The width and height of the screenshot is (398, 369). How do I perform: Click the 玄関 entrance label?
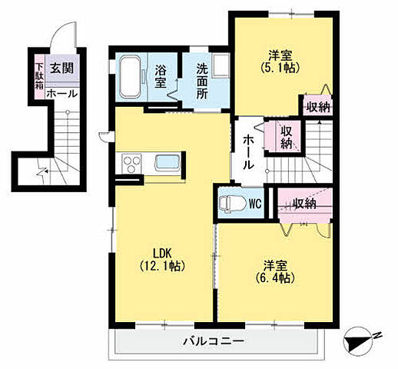[61, 68]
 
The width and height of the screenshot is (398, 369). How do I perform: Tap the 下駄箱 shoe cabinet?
[39, 76]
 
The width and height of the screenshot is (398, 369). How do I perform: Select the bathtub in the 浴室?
[130, 78]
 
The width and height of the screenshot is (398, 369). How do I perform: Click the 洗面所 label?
[202, 81]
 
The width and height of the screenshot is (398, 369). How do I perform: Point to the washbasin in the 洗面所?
[221, 65]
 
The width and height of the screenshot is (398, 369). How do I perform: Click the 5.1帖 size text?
[280, 68]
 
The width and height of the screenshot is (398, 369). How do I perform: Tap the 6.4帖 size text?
[275, 278]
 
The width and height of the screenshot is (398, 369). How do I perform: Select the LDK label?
[162, 254]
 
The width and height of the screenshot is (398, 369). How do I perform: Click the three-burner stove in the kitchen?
[131, 164]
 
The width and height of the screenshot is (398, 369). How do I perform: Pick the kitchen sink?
[167, 162]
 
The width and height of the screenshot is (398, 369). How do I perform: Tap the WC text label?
[255, 204]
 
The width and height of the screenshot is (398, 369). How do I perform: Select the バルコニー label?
[214, 341]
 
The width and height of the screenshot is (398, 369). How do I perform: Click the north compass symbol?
[359, 340]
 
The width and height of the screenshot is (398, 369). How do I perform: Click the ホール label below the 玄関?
[61, 94]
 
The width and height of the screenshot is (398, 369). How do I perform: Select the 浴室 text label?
[161, 76]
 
